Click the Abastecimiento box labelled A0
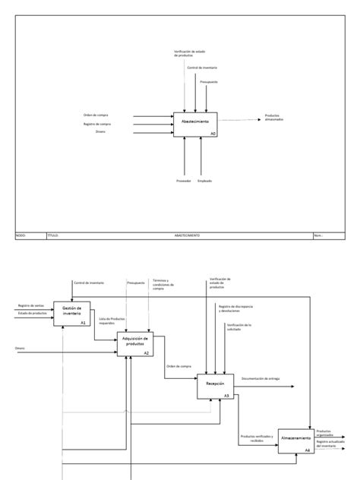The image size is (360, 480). tap(196, 124)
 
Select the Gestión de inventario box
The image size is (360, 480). tap(72, 314)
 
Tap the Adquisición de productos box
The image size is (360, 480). tap(134, 344)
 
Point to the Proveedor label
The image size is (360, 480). tap(183, 181)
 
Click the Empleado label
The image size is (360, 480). tap(204, 181)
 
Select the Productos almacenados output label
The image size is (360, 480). tap(275, 118)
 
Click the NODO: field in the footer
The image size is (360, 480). tap(21, 235)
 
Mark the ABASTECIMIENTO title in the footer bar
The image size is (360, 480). tap(186, 235)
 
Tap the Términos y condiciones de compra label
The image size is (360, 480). tap(163, 284)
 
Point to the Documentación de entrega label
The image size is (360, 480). tap(261, 377)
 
